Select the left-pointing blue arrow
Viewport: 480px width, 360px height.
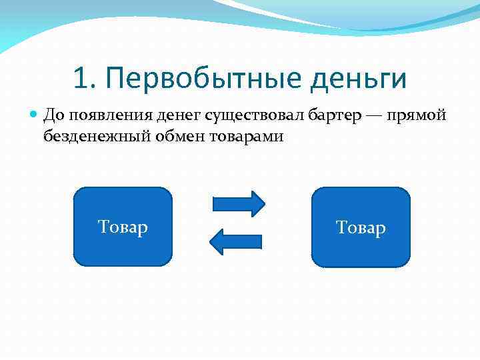(237, 241)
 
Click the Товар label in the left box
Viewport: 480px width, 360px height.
(123, 227)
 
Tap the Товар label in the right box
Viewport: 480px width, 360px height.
(361, 228)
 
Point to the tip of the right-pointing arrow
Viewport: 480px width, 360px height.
(264, 203)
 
